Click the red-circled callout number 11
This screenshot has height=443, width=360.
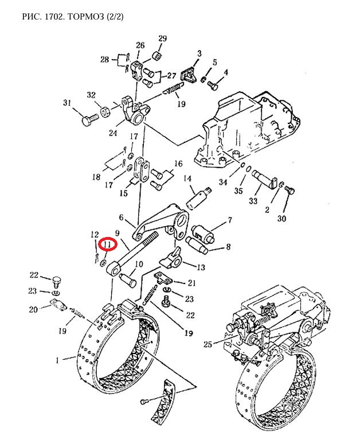pos(107,244)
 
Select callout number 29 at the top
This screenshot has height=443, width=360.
pos(162,38)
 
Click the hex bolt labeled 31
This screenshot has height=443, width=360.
pos(90,119)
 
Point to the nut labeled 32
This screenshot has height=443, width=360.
pos(105,111)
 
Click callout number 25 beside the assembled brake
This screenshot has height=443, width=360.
pos(208,344)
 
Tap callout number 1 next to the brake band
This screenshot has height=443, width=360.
pos(57,360)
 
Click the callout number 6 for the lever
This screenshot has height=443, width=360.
pos(121,217)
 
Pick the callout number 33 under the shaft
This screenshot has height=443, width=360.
pos(253,201)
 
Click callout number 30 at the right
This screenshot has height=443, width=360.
pos(281,218)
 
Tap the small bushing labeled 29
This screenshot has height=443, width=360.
pos(157,55)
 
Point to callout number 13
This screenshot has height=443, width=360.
pos(201,267)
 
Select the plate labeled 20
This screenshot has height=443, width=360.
pos(58,304)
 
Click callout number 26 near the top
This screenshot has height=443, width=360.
pos(140,45)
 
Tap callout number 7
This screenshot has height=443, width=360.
pos(230,220)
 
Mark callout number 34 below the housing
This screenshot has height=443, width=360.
pos(223,182)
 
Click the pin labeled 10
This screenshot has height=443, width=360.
pos(128,279)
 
